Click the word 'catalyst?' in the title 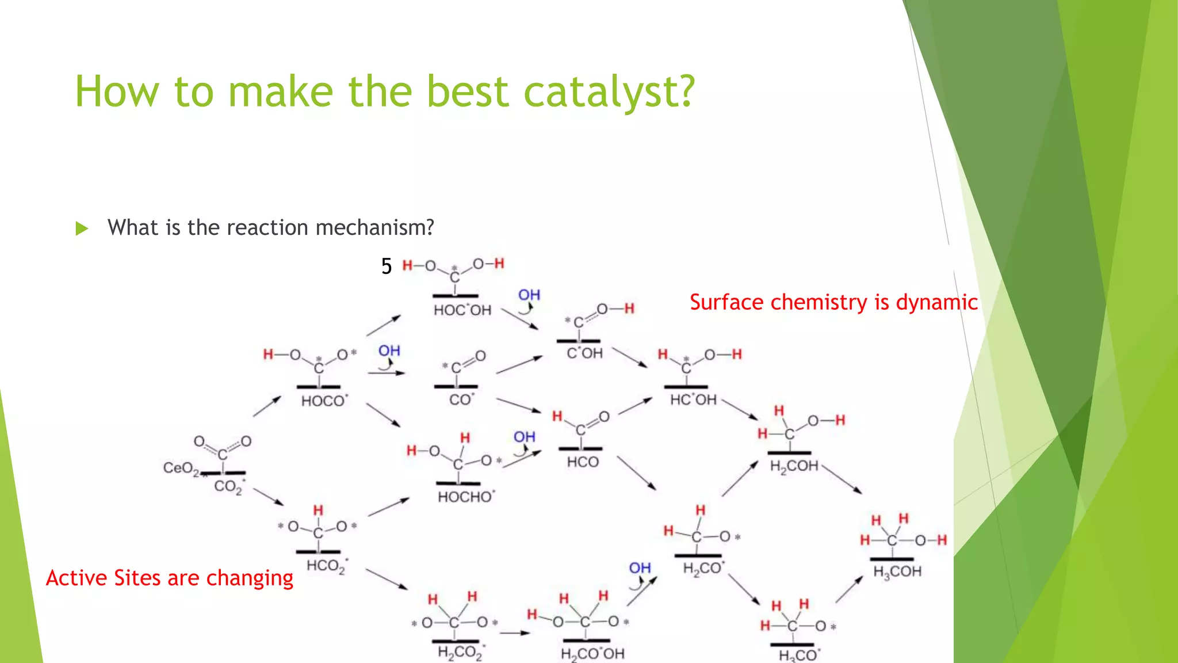point(609,92)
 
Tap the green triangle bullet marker point(82,228)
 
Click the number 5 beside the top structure point(386,266)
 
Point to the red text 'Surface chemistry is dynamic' point(833,302)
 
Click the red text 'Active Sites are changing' point(170,578)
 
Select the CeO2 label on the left point(180,468)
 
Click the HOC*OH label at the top point(462,310)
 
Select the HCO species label point(583,462)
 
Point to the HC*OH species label point(694,399)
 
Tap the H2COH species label point(794,466)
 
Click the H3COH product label point(897,572)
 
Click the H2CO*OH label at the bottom point(592,654)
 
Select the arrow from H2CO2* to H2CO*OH point(514,633)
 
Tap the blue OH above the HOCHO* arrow point(524,437)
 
